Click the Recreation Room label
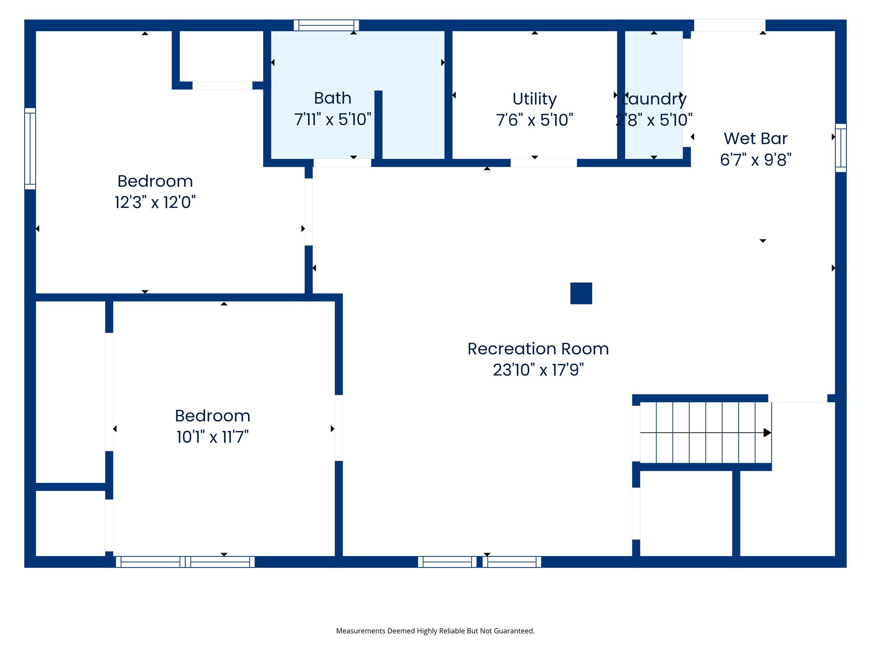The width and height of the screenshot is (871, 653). click(538, 349)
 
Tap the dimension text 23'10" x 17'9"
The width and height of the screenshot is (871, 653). click(538, 370)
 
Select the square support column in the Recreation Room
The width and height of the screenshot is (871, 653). click(581, 293)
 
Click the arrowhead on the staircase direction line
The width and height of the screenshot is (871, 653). click(767, 433)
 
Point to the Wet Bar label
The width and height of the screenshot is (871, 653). click(755, 139)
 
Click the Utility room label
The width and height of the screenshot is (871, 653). click(535, 99)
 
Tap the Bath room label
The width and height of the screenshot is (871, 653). click(333, 98)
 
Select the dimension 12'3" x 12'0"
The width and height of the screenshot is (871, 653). click(155, 202)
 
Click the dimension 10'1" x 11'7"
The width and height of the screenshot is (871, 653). click(212, 437)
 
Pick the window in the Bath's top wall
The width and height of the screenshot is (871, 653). click(326, 25)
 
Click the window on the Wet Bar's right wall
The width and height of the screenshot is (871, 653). click(840, 148)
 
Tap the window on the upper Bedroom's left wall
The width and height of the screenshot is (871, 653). click(30, 148)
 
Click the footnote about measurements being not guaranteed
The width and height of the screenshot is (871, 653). click(435, 631)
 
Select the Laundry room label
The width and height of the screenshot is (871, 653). click(654, 99)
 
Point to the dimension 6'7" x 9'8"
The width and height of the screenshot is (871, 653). click(755, 160)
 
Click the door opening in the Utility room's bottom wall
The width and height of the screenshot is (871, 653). click(544, 163)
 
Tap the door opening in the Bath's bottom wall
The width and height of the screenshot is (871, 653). click(342, 163)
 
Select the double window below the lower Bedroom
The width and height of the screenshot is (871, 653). click(185, 562)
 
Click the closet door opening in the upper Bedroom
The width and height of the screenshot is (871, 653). click(222, 85)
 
